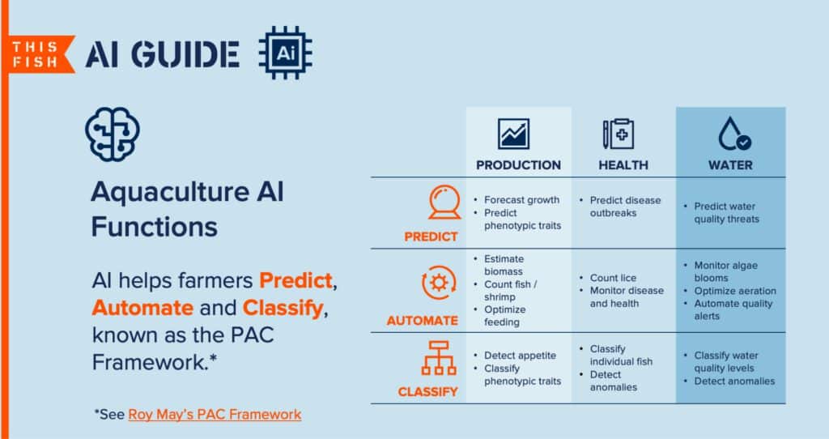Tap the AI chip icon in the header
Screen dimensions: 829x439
[285, 53]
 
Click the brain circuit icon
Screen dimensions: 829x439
[112, 134]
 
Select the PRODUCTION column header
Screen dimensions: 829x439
[518, 165]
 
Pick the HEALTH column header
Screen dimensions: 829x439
[623, 165]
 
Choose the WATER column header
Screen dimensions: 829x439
[730, 165]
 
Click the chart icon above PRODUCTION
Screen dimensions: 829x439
[512, 134]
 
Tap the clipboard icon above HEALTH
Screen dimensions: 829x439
[618, 134]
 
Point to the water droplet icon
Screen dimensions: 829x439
[733, 134]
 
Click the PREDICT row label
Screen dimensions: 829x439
[431, 237]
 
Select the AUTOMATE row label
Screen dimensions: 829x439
[423, 321]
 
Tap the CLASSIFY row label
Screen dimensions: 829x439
[427, 392]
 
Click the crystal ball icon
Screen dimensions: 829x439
[444, 202]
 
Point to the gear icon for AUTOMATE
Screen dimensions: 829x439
[438, 283]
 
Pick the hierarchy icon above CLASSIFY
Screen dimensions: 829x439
[438, 358]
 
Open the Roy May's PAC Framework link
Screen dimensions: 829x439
[215, 414]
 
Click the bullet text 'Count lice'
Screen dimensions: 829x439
[613, 278]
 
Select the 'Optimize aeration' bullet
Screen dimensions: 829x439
[735, 291]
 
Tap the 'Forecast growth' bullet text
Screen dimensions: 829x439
[521, 200]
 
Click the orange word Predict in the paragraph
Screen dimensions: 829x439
[295, 280]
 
